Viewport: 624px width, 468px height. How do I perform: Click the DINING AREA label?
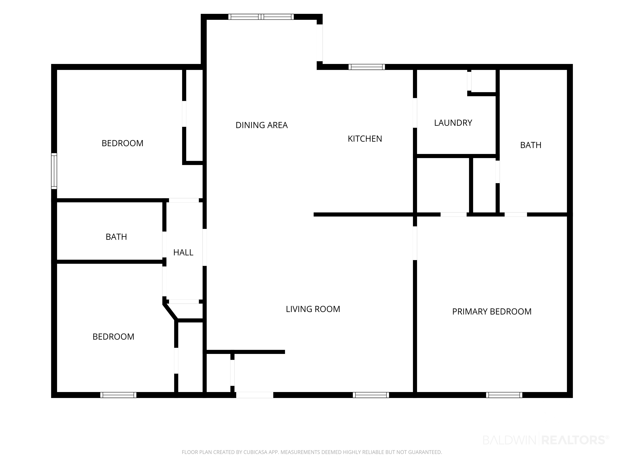pyautogui.click(x=261, y=125)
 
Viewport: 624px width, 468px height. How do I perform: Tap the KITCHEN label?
pyautogui.click(x=365, y=139)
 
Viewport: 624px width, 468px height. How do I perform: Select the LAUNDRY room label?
pyautogui.click(x=453, y=123)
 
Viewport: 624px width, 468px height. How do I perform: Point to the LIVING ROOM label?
pyautogui.click(x=313, y=309)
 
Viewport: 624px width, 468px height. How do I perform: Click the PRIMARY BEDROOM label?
pyautogui.click(x=492, y=311)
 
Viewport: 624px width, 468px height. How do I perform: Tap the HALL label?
pyautogui.click(x=183, y=252)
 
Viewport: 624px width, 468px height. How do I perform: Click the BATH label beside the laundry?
pyautogui.click(x=531, y=145)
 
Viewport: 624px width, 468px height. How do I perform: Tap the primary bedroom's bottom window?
pyautogui.click(x=504, y=395)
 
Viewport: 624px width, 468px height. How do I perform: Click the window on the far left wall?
pyautogui.click(x=54, y=171)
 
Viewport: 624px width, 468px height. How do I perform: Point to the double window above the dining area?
pyautogui.click(x=261, y=17)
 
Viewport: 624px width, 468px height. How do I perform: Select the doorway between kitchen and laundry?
pyautogui.click(x=415, y=113)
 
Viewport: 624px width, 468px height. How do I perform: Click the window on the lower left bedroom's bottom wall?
pyautogui.click(x=118, y=395)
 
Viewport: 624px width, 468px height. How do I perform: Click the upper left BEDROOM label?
pyautogui.click(x=122, y=143)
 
